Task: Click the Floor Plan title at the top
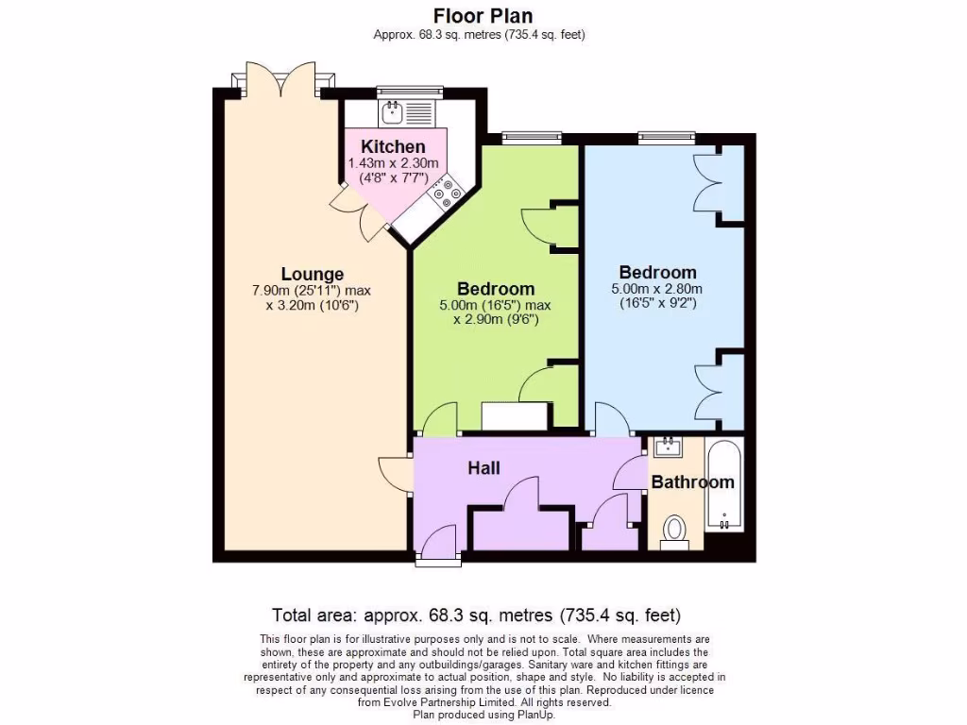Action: [x=483, y=16]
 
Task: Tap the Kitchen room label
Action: [x=393, y=146]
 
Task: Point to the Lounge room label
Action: [x=312, y=275]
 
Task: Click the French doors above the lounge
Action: [x=280, y=80]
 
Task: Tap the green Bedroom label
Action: [x=496, y=289]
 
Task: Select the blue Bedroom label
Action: [x=657, y=273]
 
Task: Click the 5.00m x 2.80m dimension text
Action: [x=659, y=289]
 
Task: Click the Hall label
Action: [x=483, y=468]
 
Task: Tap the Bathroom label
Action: [x=692, y=482]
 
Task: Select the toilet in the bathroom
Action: [x=675, y=530]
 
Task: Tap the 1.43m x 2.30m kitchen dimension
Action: [x=387, y=163]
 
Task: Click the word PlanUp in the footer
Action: [x=534, y=715]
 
